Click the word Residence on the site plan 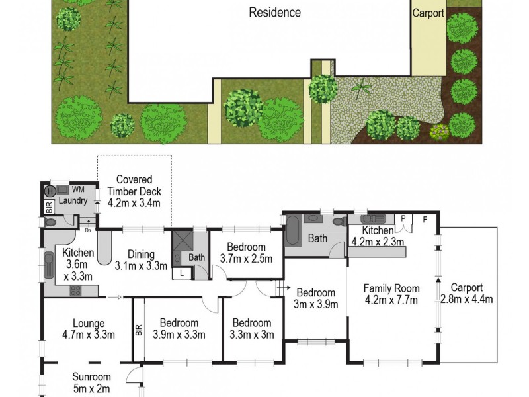274,13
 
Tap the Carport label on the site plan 428,13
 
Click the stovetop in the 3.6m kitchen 76,290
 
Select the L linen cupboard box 181,273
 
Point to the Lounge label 89,324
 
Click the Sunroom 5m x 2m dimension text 91,388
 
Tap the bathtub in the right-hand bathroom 292,236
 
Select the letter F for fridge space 425,220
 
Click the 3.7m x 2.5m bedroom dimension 246,259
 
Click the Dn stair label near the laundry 87,230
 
